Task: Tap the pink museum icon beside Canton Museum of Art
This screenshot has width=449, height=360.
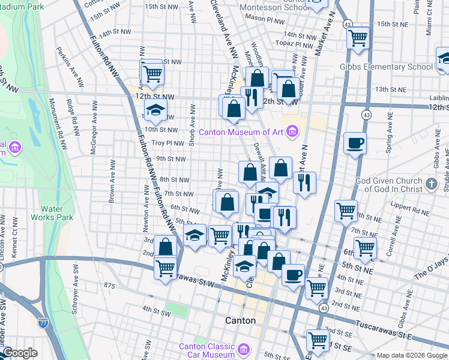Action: tap(292, 131)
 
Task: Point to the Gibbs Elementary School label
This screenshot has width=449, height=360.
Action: tap(386, 67)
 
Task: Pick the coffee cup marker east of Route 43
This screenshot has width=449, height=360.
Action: tap(355, 143)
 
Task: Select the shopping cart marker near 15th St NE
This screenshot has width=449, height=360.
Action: tap(358, 38)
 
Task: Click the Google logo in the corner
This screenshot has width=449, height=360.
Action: tap(20, 353)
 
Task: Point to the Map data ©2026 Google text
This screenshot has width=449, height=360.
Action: tap(412, 355)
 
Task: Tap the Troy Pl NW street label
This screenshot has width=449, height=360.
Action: tap(166, 143)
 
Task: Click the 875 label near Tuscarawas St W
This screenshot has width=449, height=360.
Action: tap(109, 285)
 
